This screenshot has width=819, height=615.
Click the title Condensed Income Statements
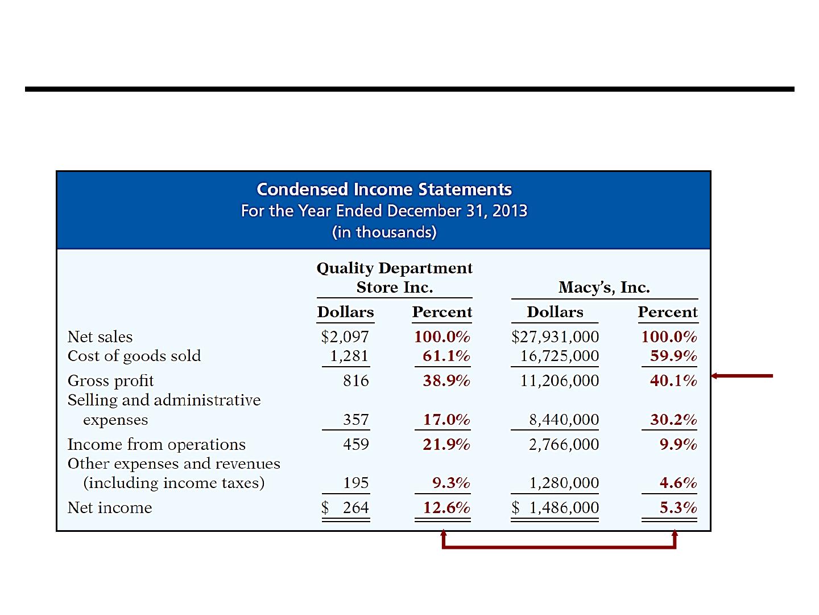pos(384,189)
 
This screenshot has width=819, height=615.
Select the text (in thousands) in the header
pos(384,232)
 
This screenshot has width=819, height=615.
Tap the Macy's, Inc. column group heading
pos(603,287)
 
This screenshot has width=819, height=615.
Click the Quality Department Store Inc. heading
pos(394,277)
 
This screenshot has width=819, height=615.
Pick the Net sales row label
pos(100,337)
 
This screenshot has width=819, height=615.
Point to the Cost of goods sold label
pos(134,356)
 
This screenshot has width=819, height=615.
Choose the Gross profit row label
pos(110,381)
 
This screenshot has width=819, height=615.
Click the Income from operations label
pos(156,444)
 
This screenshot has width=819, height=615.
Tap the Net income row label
pos(110,508)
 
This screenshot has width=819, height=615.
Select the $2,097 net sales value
pos(345,337)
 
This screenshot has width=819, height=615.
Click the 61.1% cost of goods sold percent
pos(446,356)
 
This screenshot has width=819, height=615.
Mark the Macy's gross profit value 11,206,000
pos(559,381)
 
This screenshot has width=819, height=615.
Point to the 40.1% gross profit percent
pos(673,381)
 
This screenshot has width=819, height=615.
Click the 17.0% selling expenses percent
pos(446,420)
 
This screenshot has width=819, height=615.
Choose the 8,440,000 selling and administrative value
pos(564,420)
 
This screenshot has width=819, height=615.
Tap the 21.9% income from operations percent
pos(446,444)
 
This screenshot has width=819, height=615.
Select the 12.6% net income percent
pos(446,508)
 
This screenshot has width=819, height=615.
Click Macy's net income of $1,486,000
pos(555,508)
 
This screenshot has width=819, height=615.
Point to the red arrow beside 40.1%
pos(742,376)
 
